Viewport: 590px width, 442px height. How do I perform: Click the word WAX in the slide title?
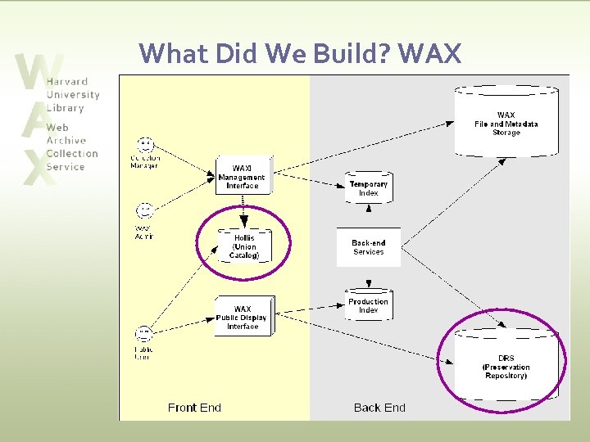[430, 54]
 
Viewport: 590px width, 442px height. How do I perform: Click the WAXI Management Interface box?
[242, 177]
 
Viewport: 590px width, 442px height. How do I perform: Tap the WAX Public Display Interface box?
[243, 317]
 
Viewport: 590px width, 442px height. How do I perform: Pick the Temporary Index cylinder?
[369, 188]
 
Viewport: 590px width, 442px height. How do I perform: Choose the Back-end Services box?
[369, 247]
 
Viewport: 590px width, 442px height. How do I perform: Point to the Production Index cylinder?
[369, 305]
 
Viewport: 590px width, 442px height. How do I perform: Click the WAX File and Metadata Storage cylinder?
[506, 123]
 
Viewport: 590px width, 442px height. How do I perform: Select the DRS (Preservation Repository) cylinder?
[506, 364]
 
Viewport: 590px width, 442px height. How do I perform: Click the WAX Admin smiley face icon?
[145, 212]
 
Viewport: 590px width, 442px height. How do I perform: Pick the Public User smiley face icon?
[145, 334]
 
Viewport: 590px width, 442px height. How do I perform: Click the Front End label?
[194, 408]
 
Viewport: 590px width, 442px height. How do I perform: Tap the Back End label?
[379, 408]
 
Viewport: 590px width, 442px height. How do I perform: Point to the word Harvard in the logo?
[67, 82]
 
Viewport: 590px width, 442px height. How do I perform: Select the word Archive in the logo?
[66, 141]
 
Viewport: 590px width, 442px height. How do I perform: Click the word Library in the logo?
[66, 108]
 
